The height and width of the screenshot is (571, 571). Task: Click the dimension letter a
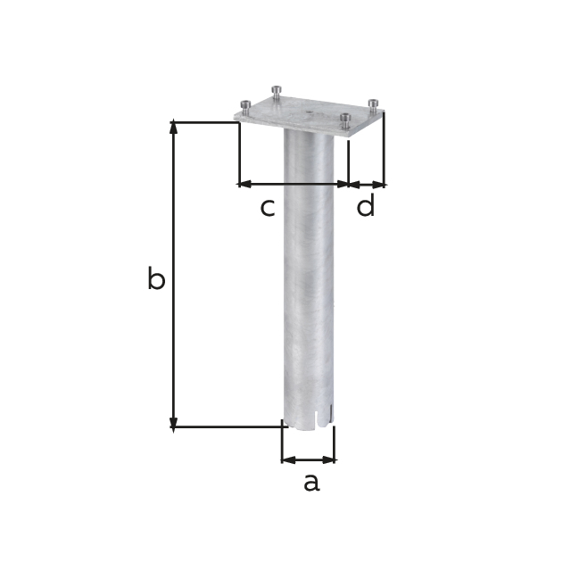(310, 484)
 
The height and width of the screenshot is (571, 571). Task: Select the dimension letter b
(156, 280)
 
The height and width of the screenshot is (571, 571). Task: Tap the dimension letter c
(267, 208)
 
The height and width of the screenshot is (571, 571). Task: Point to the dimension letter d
(366, 207)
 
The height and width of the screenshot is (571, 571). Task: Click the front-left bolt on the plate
(244, 106)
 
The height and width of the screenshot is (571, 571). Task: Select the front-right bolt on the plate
(344, 120)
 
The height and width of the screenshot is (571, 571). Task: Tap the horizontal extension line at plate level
(205, 121)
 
